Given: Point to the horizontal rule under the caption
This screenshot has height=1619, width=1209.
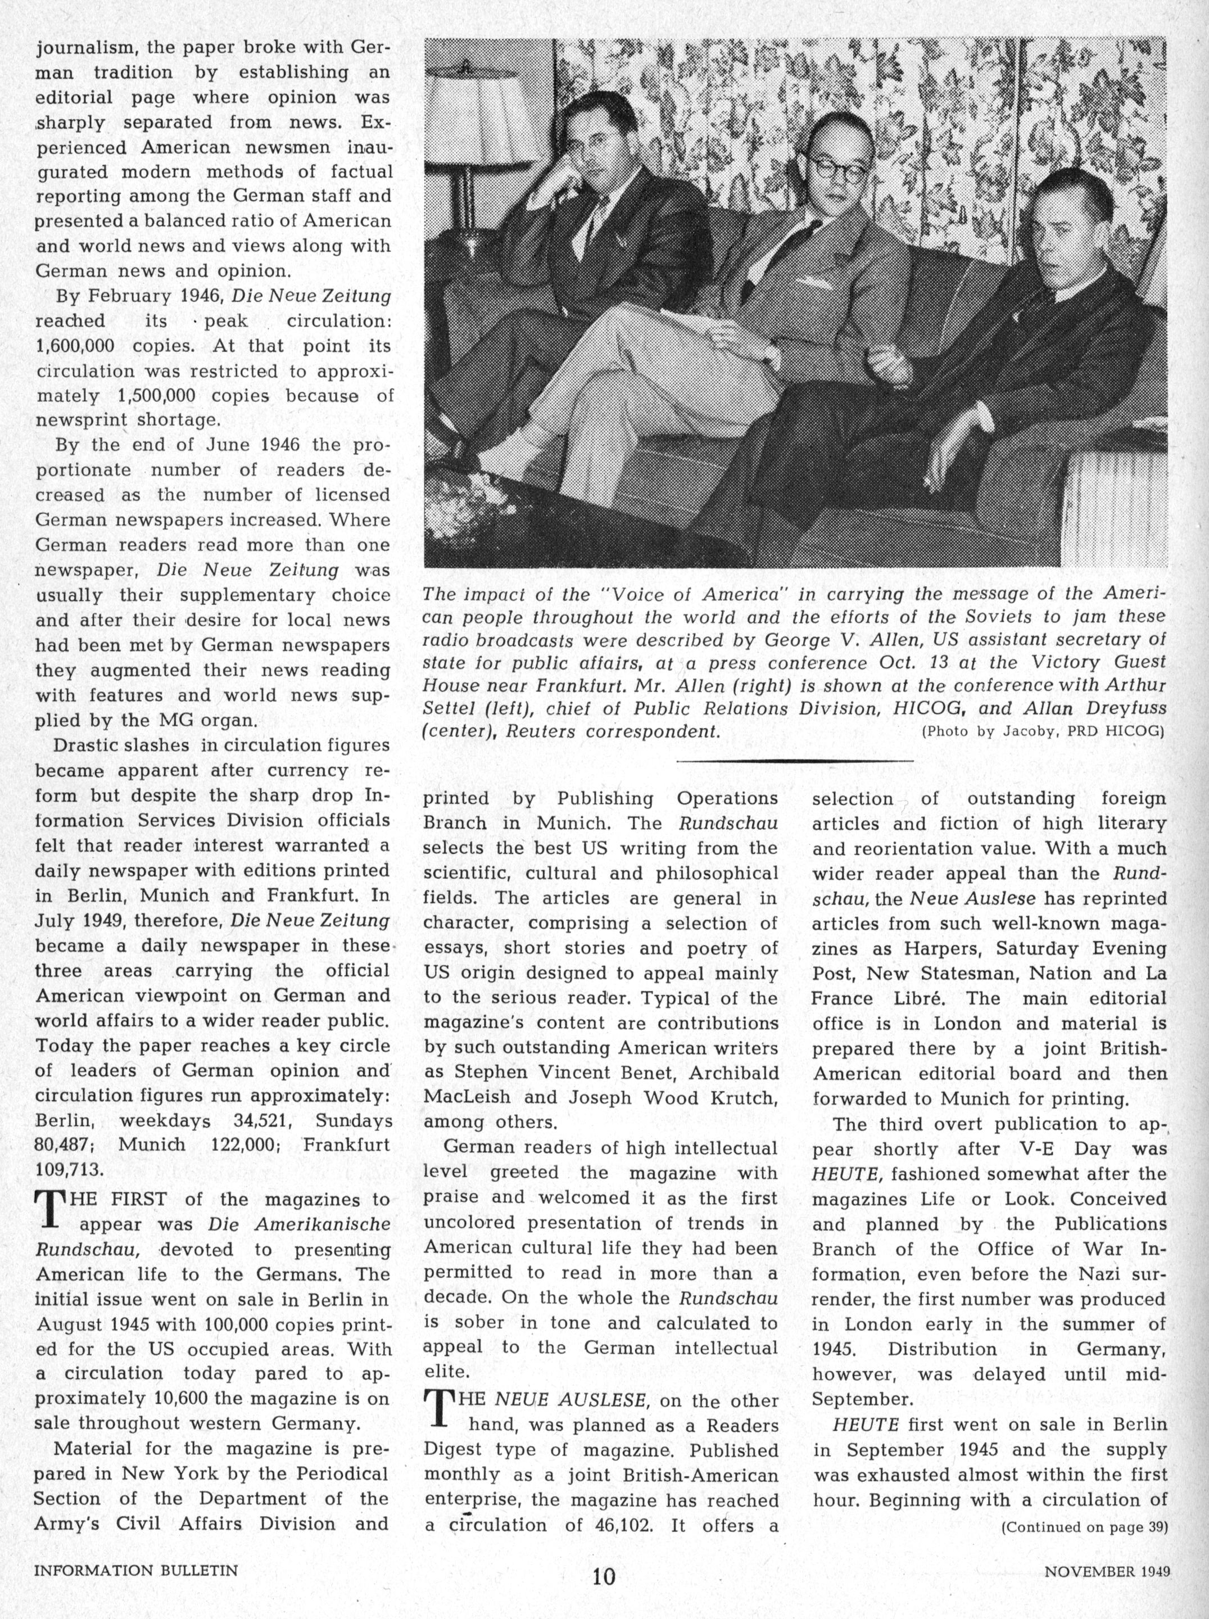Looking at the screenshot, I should [795, 761].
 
